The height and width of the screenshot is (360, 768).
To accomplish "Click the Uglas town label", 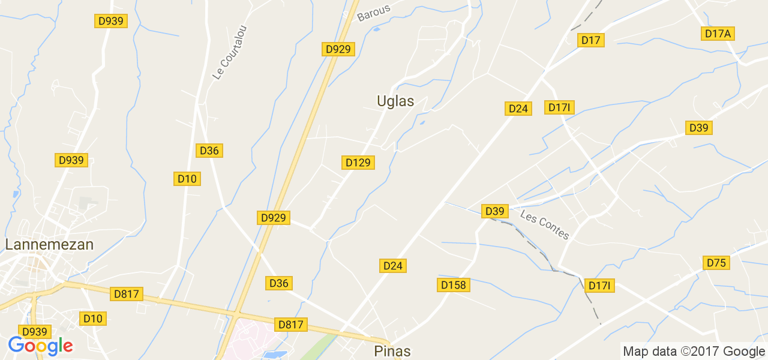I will [395, 101].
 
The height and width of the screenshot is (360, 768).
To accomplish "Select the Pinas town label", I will [392, 351].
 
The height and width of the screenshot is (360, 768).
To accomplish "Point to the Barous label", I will [373, 13].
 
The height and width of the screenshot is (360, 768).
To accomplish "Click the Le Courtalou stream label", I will [229, 52].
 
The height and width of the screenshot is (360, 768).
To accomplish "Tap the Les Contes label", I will [544, 224].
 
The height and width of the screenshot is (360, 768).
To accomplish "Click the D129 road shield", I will [358, 162].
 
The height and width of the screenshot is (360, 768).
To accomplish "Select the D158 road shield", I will [453, 285].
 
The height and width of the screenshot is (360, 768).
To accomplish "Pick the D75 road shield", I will [716, 263].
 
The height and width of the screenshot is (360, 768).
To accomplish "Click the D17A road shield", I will [718, 34].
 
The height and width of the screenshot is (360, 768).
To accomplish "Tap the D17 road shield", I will [590, 40].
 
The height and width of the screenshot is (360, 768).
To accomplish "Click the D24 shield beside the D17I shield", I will [518, 109].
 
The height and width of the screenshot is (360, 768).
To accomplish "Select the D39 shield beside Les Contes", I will [494, 211].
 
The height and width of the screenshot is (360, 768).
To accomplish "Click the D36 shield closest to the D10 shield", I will [209, 151].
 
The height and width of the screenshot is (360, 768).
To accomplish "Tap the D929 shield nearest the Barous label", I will [338, 49].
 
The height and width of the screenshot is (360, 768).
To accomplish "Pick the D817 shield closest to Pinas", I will [292, 325].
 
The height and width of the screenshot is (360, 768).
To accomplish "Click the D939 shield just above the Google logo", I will [35, 332].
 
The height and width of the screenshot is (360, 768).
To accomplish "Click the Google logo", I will [40, 346].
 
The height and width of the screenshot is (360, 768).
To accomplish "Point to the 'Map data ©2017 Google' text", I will [694, 352].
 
